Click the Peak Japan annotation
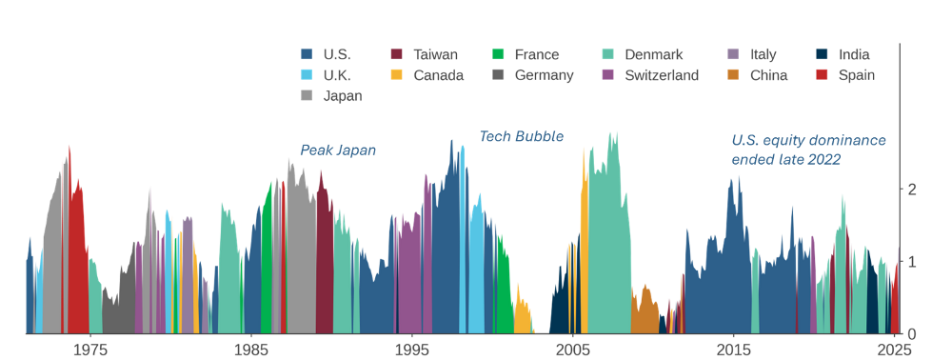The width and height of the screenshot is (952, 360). point(338,150)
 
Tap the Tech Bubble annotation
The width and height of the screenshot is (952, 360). point(521,137)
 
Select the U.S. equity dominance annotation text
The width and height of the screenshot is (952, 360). point(808,150)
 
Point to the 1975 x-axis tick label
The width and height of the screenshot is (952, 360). point(89,349)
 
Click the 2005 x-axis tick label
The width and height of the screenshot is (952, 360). point(572,349)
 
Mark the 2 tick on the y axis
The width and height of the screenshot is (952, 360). point(912,190)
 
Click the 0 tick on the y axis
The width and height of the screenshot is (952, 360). point(912,334)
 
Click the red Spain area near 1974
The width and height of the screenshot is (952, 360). point(76,267)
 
